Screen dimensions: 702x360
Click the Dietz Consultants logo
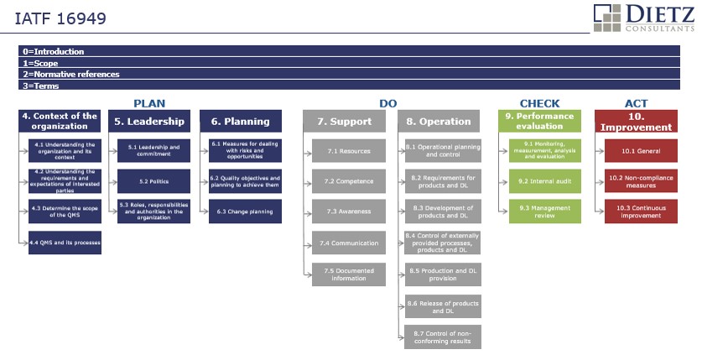[x=644, y=18]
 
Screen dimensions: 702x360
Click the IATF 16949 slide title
[x=60, y=18]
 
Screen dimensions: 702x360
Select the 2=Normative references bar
[x=349, y=74]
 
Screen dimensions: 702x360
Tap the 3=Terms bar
[x=349, y=85]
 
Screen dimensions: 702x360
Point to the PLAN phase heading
[x=149, y=103]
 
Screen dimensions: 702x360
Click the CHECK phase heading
[x=539, y=103]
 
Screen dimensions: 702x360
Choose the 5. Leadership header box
[x=149, y=122]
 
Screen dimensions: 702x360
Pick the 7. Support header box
[x=344, y=122]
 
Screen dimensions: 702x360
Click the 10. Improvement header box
[x=637, y=122]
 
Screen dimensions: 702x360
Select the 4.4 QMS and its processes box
[x=65, y=243]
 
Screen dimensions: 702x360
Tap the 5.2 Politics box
[x=153, y=181]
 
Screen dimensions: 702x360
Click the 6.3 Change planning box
[x=245, y=211]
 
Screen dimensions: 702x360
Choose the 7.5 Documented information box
[x=349, y=274]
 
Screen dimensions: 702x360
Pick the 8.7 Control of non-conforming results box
[x=443, y=337]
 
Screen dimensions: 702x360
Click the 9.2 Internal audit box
[x=545, y=181]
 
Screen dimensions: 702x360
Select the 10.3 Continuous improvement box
[x=641, y=211]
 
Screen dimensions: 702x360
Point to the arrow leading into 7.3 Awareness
[x=308, y=211]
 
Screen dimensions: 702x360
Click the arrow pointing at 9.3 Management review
[x=504, y=211]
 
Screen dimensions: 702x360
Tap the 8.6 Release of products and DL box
[x=443, y=307]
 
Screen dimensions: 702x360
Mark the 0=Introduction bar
[x=349, y=51]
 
